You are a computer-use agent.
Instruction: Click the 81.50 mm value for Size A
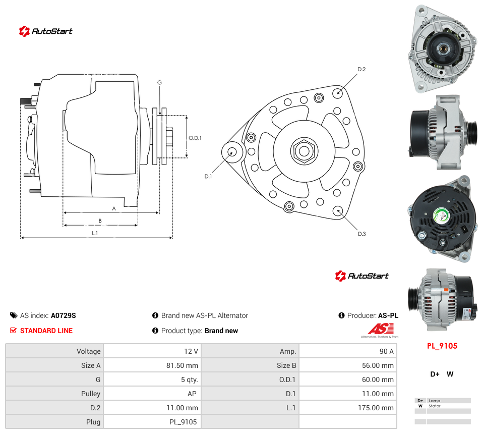tap(182, 365)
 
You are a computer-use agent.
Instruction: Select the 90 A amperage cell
tap(386, 351)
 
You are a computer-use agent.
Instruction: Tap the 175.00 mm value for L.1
tap(376, 408)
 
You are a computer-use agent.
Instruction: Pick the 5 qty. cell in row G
tap(190, 379)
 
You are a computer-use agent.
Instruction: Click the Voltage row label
tap(89, 351)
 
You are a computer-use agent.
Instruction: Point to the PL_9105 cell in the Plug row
tap(183, 422)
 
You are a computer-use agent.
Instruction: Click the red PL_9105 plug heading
tap(442, 346)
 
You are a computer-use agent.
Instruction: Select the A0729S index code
tap(64, 315)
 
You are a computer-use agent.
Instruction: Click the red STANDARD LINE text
tap(46, 331)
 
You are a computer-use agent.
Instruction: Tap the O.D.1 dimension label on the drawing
tap(195, 138)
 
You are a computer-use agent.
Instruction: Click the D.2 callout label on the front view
tap(361, 70)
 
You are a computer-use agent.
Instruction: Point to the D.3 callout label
tap(362, 234)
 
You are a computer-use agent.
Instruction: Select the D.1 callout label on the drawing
tap(208, 176)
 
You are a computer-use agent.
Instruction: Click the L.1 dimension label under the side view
tap(95, 233)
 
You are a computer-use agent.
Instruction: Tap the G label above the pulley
tap(159, 82)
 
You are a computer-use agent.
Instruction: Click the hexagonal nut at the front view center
tap(304, 151)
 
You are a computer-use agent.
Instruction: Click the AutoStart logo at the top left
tap(46, 31)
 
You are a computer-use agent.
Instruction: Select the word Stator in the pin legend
tap(435, 406)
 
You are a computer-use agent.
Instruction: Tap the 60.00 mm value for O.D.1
tap(378, 379)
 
